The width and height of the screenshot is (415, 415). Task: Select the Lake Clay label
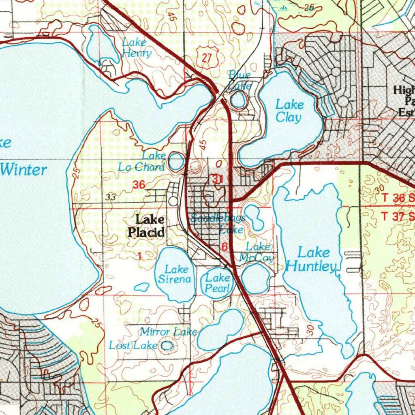point(289,111)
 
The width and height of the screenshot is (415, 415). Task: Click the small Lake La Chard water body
point(176,161)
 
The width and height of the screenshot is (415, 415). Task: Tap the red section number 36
point(139,185)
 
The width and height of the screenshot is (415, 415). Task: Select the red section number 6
point(225,247)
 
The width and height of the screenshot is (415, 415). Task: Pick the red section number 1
point(140,256)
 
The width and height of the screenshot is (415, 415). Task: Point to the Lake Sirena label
point(174,274)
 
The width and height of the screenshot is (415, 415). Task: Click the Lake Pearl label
point(218,283)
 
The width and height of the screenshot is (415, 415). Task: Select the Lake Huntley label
point(312,260)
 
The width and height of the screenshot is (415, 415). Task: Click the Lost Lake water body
point(167,346)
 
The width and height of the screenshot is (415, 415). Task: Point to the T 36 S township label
point(398,199)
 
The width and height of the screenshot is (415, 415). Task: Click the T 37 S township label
point(398,216)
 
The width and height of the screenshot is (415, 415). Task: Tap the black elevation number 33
point(110,197)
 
